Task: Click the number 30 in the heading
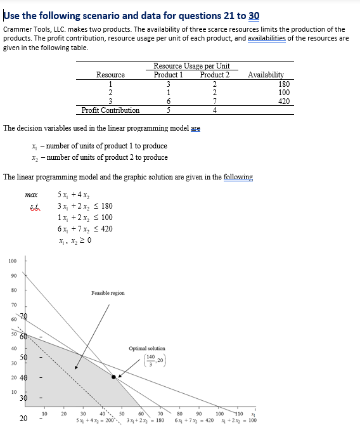pyautogui.click(x=254, y=16)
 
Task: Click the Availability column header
pyautogui.click(x=266, y=75)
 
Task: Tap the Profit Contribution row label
pyautogui.click(x=110, y=110)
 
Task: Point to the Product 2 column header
pyautogui.click(x=215, y=75)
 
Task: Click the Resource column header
pyautogui.click(x=110, y=75)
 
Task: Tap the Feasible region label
pyautogui.click(x=108, y=293)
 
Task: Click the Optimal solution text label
pyautogui.click(x=146, y=348)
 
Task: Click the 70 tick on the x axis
pyautogui.click(x=160, y=414)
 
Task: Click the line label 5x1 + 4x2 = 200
pyautogui.click(x=93, y=420)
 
